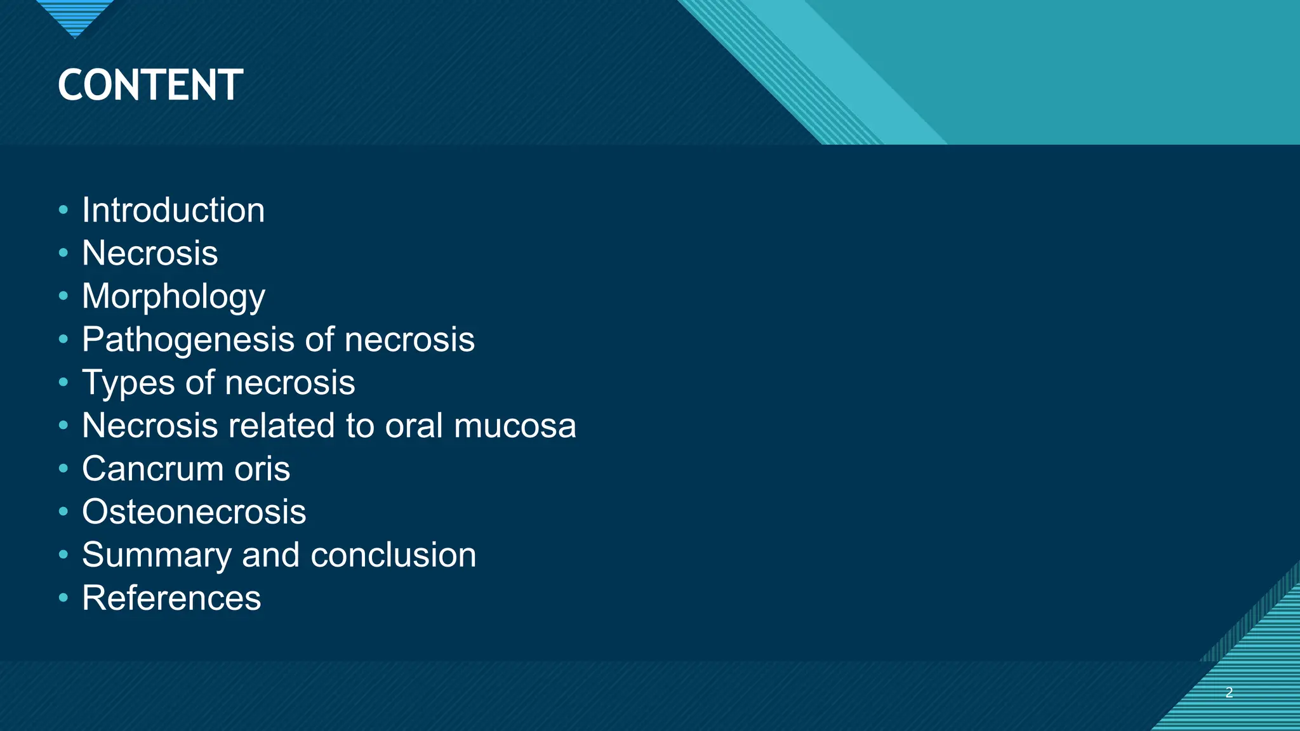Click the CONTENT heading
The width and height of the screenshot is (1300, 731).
[x=150, y=85]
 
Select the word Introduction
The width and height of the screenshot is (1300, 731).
[x=173, y=210]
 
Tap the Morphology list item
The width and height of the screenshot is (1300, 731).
[x=173, y=296]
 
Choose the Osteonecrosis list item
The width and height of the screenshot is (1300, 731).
[x=194, y=512]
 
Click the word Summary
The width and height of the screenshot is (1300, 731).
[x=156, y=555]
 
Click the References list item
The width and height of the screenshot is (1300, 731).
[x=171, y=598]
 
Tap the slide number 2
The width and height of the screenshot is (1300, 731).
[x=1229, y=692]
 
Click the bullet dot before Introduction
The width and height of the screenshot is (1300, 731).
[x=63, y=210]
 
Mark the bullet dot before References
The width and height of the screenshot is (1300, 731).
[x=63, y=598]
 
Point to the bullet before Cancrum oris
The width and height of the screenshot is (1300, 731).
[x=63, y=468]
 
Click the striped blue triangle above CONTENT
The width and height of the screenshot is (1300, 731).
[x=75, y=15]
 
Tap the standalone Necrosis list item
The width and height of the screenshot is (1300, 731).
[x=150, y=253]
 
